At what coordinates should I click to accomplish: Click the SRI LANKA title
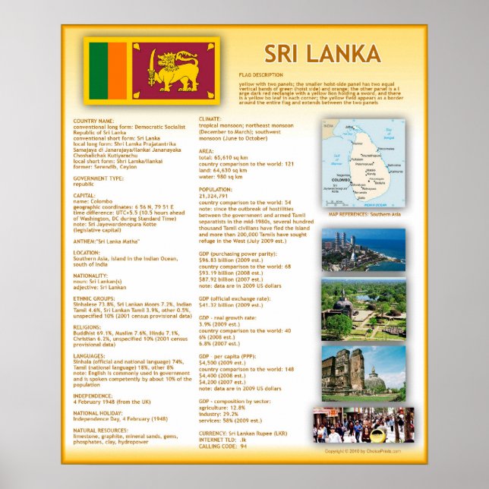click(323, 54)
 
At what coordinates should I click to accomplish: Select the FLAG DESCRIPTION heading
click(260, 74)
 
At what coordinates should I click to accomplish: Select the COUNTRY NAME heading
click(93, 121)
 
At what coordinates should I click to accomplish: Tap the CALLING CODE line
click(222, 446)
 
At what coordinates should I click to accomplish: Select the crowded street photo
click(363, 425)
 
